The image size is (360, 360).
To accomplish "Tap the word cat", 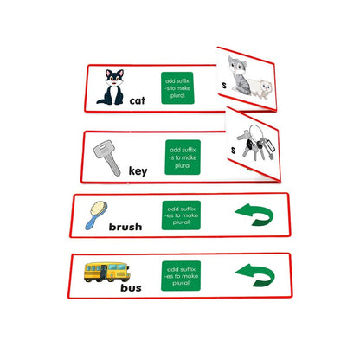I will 138,101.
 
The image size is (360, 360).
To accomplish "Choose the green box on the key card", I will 182,157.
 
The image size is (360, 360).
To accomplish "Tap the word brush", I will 125,228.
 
